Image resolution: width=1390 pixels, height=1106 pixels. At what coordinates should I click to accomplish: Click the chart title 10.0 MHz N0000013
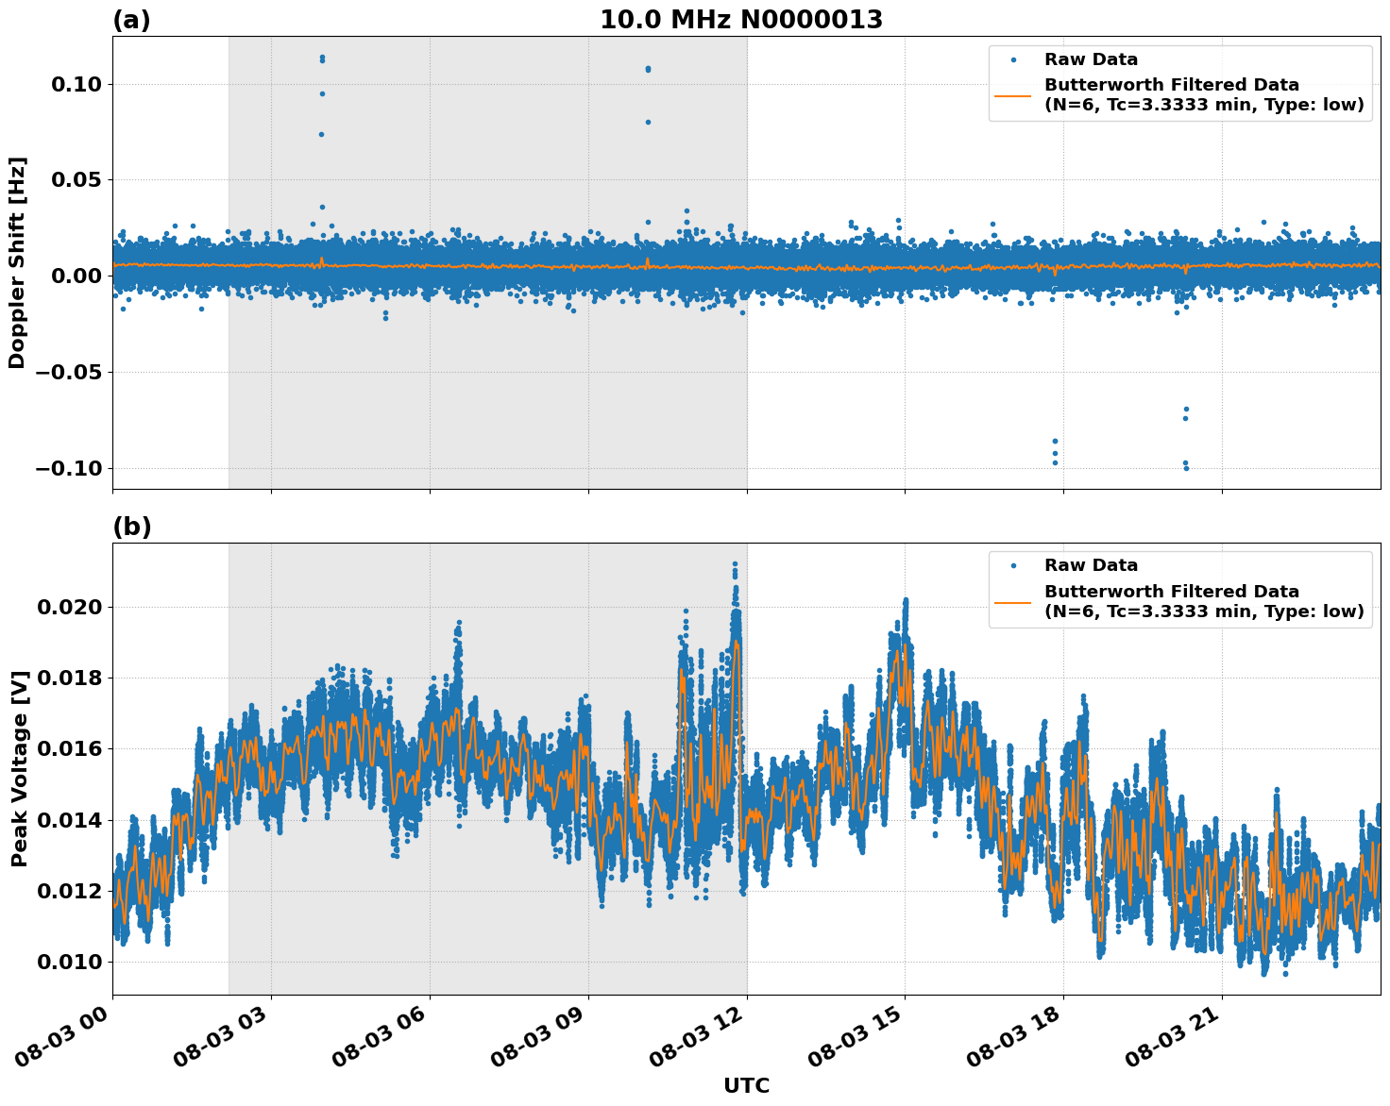(x=741, y=20)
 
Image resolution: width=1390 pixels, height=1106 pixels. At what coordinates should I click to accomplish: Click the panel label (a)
(x=131, y=20)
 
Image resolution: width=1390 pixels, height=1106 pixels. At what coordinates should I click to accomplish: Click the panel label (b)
(x=131, y=527)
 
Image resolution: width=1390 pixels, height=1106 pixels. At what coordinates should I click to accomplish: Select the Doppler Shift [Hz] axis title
(x=17, y=262)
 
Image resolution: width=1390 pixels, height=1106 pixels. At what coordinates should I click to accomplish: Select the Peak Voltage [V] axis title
(x=19, y=768)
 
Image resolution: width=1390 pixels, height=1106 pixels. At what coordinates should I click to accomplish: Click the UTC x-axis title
(x=746, y=1086)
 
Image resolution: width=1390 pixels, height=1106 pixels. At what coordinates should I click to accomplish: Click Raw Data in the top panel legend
(x=1091, y=59)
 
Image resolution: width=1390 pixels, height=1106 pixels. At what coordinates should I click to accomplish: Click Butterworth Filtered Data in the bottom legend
(x=1171, y=592)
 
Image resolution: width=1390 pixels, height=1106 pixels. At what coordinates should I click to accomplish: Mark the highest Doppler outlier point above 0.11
(x=322, y=58)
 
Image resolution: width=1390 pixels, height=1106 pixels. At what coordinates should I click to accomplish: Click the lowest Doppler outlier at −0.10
(x=1186, y=468)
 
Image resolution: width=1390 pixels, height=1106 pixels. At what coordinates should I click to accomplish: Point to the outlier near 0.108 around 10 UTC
(x=648, y=69)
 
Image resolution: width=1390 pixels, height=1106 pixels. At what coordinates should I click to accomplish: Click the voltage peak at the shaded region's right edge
(x=735, y=564)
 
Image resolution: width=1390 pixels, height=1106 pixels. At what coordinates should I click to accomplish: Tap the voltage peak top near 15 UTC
(x=905, y=600)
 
